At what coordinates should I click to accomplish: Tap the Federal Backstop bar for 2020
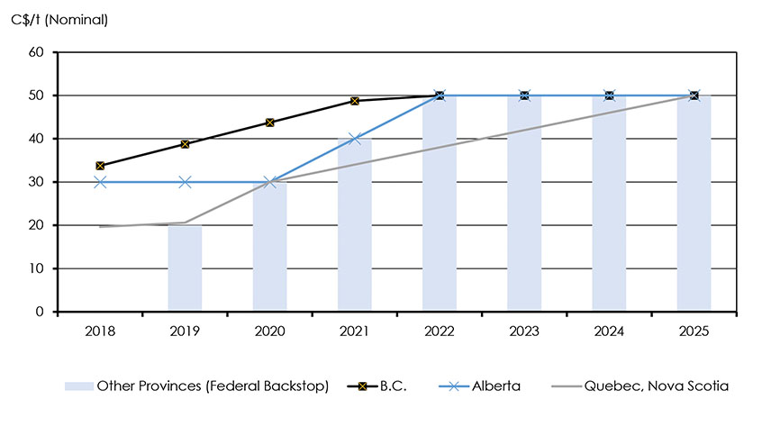point(269,247)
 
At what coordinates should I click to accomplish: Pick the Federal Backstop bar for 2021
point(354,225)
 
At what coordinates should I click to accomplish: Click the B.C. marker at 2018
point(100,166)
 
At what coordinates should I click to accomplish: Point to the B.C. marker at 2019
point(185,144)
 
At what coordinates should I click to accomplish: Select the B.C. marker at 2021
point(354,101)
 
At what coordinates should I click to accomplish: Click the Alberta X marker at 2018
point(100,182)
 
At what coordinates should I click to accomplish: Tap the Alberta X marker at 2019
point(185,182)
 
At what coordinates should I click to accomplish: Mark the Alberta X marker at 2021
point(354,139)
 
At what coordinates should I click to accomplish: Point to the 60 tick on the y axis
point(37,52)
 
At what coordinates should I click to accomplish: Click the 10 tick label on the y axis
point(37,268)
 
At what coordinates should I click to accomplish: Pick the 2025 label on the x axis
point(694,332)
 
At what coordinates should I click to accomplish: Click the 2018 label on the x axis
point(100,332)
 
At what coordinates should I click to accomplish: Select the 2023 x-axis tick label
point(524,332)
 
